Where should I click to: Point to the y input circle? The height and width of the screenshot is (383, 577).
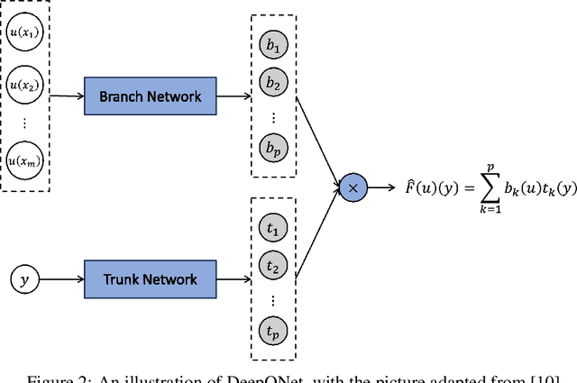coord(25,279)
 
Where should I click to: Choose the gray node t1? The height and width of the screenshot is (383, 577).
coord(271,230)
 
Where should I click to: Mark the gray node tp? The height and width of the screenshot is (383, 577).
coord(271,331)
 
